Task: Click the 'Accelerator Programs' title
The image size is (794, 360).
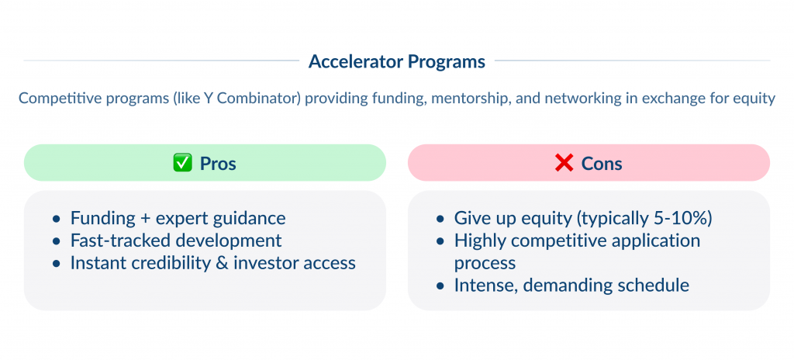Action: (x=396, y=61)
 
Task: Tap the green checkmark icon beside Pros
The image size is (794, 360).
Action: (x=181, y=164)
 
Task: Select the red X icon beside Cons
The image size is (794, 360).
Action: (x=564, y=164)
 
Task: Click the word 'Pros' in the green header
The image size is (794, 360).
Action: (x=218, y=164)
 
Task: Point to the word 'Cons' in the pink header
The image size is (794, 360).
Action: (x=602, y=164)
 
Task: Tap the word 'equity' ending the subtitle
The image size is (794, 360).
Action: (x=754, y=99)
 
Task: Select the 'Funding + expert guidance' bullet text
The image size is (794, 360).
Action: (x=178, y=218)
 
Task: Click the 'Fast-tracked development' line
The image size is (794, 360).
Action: (x=176, y=241)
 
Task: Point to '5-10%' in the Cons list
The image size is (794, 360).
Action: (x=683, y=218)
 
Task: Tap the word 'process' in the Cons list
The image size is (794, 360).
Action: (x=485, y=263)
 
